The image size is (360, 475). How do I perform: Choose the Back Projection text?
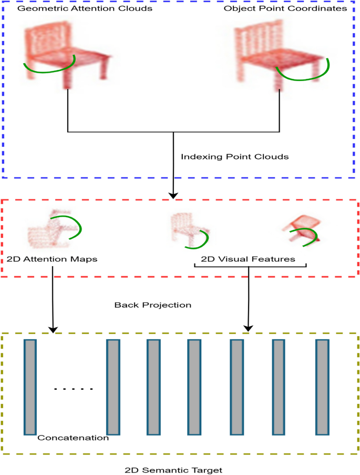[152, 305]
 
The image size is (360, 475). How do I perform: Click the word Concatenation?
[73, 438]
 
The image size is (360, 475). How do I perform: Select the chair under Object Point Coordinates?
[279, 53]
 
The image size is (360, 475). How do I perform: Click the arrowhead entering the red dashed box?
[173, 196]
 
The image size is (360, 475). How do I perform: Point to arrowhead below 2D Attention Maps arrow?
[53, 329]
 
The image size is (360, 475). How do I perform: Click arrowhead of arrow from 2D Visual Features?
[249, 329]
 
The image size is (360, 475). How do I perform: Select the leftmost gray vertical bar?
[30, 387]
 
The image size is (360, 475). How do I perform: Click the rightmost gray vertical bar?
[322, 387]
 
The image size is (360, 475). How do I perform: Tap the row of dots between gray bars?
[74, 389]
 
